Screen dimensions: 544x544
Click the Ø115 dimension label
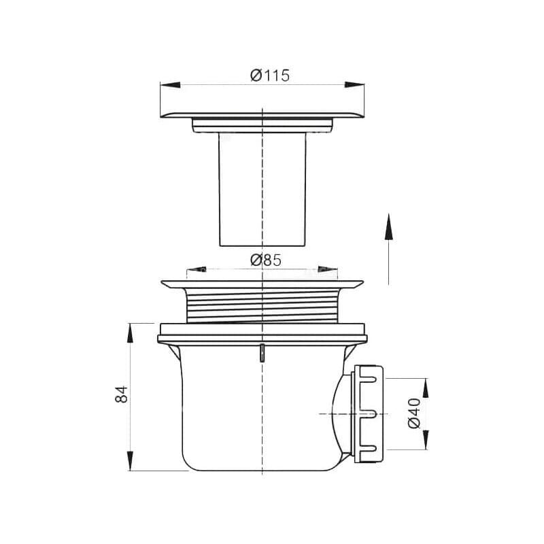point(270,75)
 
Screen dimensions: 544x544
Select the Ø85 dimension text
point(266,260)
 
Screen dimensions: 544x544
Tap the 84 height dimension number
point(122,394)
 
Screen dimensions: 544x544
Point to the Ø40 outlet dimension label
point(414,413)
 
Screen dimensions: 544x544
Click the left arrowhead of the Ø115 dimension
point(171,84)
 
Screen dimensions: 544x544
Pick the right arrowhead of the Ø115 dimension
point(354,84)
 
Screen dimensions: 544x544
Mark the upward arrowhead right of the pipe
point(388,227)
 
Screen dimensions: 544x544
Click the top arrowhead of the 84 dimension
point(130,333)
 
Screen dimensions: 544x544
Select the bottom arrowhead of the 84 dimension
point(130,461)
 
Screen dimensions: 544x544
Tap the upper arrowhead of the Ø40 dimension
point(426,388)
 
